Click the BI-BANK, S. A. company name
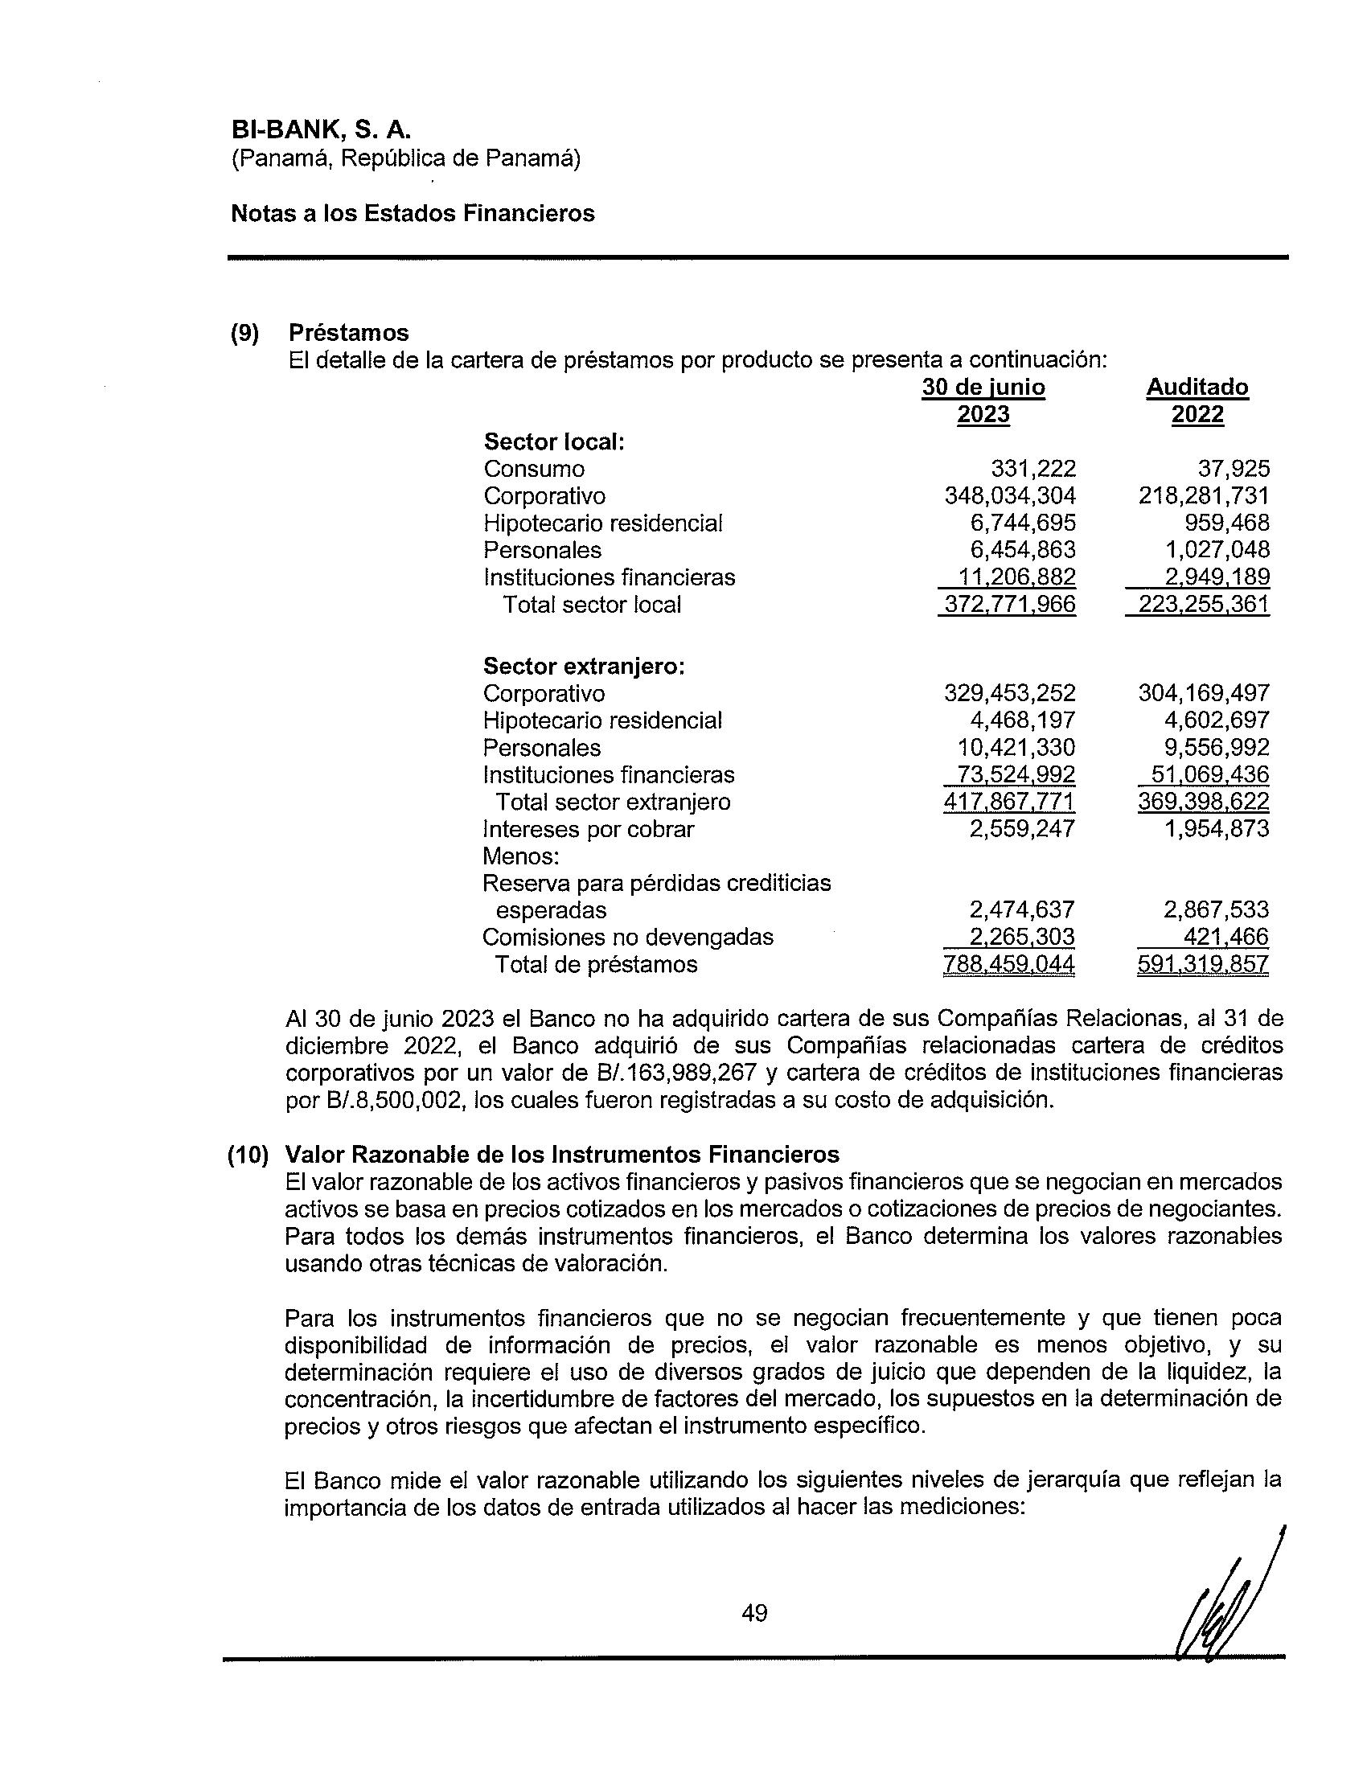click(321, 129)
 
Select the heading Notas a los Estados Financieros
click(413, 213)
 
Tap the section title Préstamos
click(348, 333)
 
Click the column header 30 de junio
click(983, 388)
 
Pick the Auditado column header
click(1197, 388)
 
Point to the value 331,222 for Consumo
click(1033, 469)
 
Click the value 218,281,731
click(1204, 495)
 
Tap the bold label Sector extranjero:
click(584, 666)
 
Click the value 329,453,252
click(1010, 693)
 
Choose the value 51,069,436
click(1210, 774)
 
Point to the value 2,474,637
click(1022, 909)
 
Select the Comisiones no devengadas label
click(628, 937)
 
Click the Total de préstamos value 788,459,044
click(1009, 964)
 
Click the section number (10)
click(248, 1154)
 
